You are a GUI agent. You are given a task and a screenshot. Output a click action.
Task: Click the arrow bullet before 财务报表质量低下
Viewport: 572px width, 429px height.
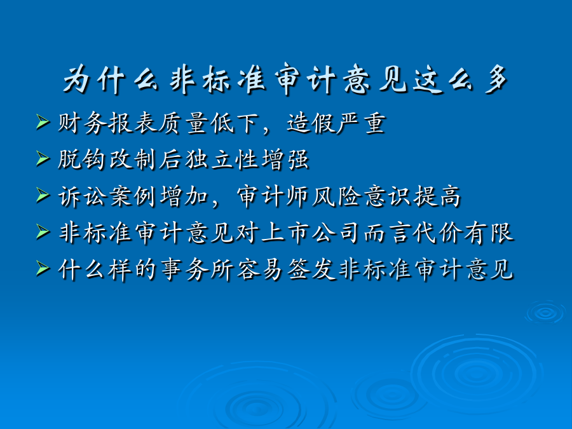coord(43,122)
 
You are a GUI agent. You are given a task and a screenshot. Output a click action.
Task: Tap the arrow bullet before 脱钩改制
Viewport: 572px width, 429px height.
coord(43,159)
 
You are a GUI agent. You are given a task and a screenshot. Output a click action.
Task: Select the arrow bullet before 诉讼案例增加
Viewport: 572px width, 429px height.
coord(43,196)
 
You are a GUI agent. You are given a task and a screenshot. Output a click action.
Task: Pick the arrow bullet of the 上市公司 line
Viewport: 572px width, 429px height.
coord(43,232)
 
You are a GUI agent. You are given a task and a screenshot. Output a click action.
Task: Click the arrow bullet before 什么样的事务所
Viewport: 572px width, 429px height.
coord(43,269)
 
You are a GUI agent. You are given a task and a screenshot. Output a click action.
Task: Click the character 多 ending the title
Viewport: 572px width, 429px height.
coord(496,80)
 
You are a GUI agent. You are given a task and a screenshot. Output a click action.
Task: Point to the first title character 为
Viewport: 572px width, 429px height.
coord(77,80)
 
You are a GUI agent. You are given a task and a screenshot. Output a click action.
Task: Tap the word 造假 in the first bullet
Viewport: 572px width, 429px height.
coord(311,123)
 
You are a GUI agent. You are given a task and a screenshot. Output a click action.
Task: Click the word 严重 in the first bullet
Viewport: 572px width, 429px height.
coord(362,123)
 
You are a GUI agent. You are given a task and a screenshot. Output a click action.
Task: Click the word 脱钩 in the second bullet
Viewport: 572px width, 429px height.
coord(82,160)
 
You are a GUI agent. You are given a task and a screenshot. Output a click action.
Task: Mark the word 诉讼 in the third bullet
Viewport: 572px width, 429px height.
coord(83,197)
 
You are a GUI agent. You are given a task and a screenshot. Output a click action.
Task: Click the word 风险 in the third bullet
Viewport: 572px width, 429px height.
coord(337,197)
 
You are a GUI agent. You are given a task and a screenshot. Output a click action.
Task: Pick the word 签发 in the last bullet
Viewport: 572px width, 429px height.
coord(311,270)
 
